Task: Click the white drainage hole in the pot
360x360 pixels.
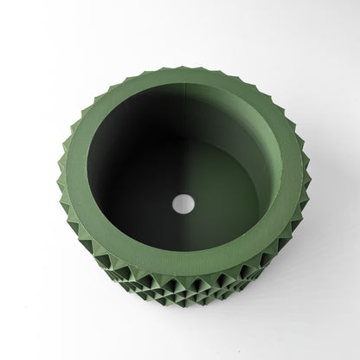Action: point(183,204)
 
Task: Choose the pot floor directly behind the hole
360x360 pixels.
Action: point(183,182)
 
